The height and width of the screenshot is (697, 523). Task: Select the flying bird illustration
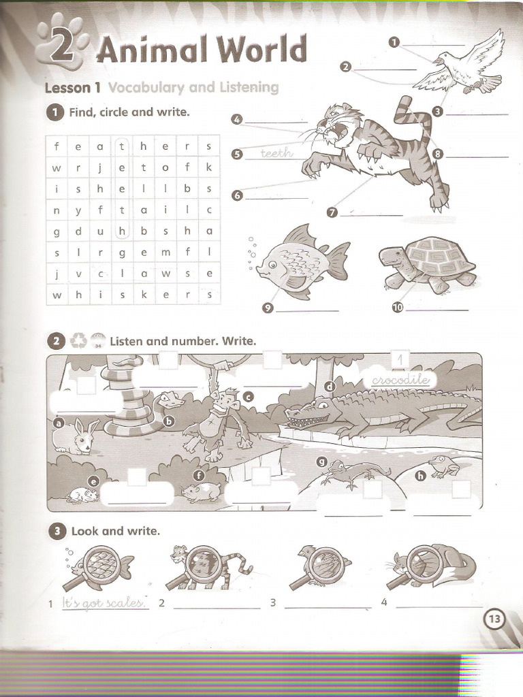(x=460, y=65)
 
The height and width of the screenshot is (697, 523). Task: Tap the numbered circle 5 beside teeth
(x=237, y=154)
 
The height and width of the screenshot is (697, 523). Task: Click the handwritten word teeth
(x=276, y=154)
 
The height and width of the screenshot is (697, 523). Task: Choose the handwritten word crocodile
(x=399, y=380)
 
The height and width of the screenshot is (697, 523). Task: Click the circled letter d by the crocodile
(x=330, y=387)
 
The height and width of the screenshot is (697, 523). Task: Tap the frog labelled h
(x=444, y=466)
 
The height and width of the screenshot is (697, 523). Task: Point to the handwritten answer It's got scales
(x=105, y=602)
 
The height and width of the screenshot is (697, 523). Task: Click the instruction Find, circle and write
(x=129, y=112)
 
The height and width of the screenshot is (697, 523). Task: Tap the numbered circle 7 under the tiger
(x=332, y=212)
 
